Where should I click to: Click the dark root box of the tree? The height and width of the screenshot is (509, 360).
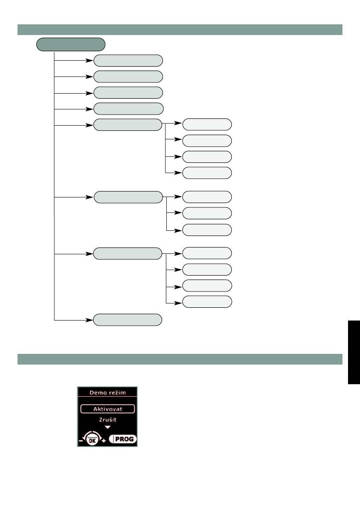(71, 44)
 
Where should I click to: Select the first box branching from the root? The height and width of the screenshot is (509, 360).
(128, 60)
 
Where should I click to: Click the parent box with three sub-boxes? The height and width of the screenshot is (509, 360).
(128, 197)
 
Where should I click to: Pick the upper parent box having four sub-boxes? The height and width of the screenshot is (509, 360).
(128, 125)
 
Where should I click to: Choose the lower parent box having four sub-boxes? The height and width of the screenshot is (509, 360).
(128, 253)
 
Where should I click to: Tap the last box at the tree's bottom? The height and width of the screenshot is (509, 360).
(128, 319)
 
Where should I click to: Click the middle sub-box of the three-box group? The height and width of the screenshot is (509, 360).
(207, 213)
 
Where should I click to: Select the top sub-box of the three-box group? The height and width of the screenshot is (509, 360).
(207, 197)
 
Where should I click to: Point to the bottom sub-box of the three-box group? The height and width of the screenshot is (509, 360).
(207, 229)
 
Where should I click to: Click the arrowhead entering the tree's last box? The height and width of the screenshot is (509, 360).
(90, 319)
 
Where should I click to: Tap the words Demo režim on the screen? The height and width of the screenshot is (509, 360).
(107, 392)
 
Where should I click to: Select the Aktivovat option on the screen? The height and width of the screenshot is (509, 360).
(107, 409)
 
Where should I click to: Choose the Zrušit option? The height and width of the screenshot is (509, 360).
(107, 420)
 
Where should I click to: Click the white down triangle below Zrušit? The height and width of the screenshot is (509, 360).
(107, 427)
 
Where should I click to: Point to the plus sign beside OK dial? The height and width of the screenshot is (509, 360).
(104, 440)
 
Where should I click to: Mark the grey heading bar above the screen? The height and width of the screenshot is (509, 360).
(180, 359)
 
